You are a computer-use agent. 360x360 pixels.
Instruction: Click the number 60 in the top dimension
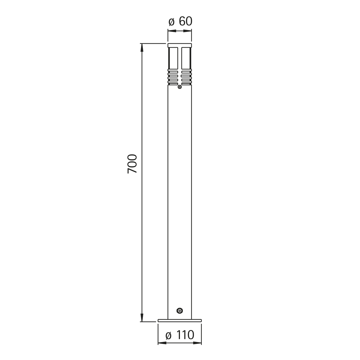pos(185,21)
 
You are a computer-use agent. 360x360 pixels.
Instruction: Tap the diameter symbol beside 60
pos(172,22)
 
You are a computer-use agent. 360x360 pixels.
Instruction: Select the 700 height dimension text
pos(132,164)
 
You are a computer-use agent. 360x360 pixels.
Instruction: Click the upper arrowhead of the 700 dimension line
pos(142,47)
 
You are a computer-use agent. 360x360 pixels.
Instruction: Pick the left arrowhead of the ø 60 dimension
pos(172,31)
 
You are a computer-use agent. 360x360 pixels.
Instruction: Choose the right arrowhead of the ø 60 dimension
pos(187,31)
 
